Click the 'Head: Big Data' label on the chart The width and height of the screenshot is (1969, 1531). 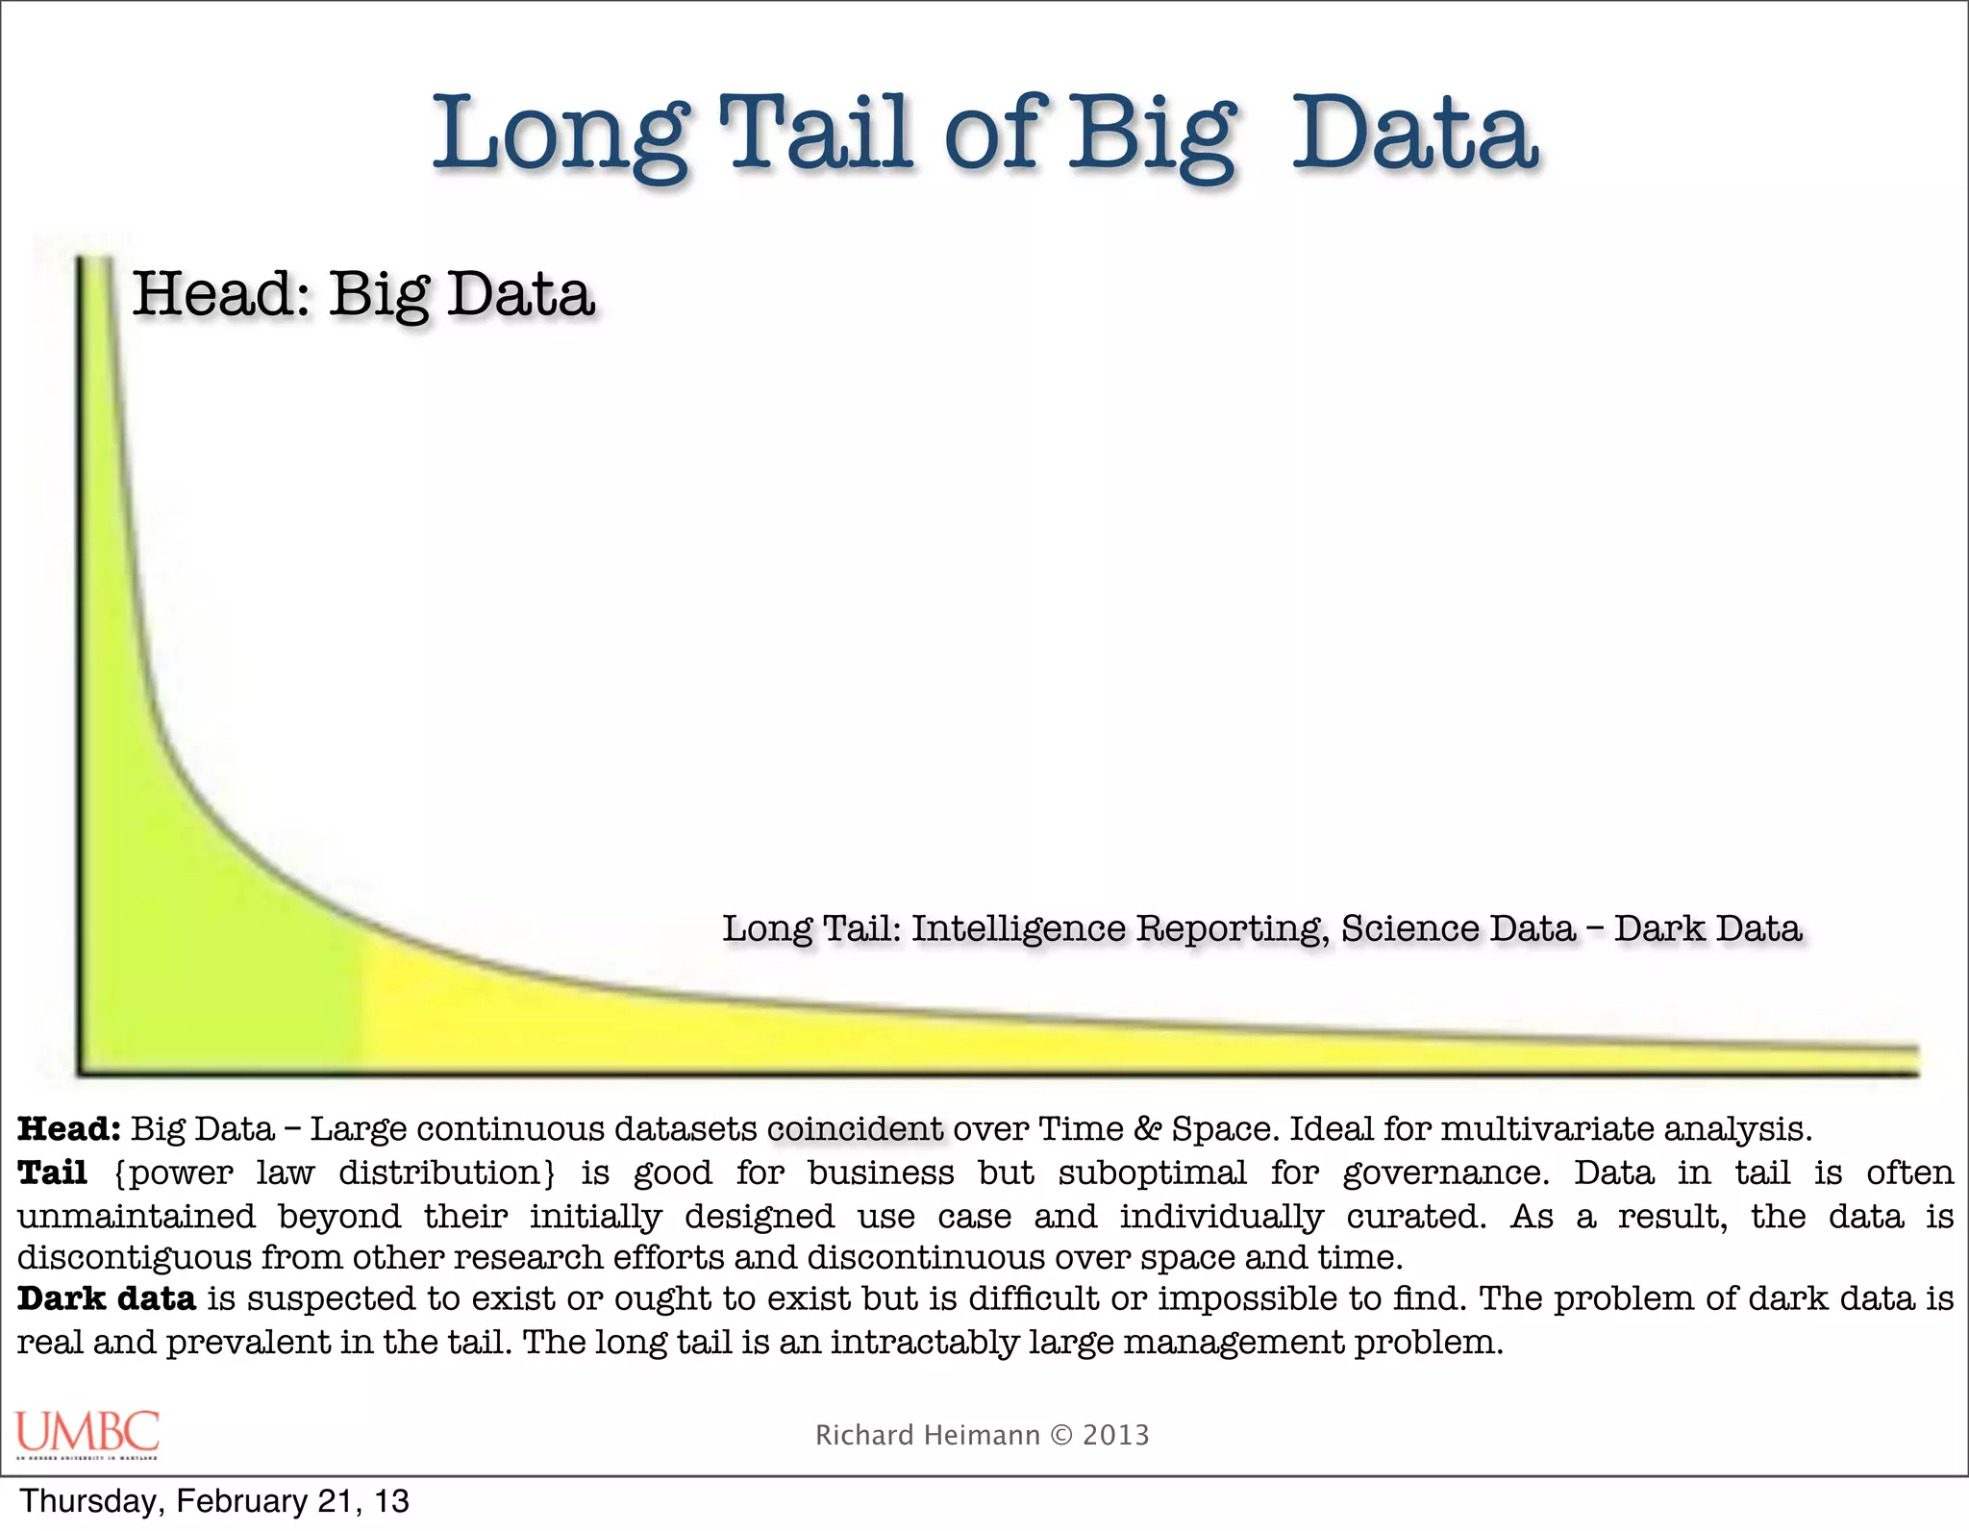point(362,294)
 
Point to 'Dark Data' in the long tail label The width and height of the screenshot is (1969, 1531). point(1707,928)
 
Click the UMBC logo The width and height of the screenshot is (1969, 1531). point(87,1433)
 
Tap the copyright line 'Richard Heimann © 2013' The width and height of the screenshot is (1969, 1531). point(982,1435)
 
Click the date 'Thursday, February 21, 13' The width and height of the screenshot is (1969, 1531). point(214,1501)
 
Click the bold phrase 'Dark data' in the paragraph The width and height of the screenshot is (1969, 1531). point(107,1298)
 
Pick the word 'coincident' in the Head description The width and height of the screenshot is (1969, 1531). point(856,1128)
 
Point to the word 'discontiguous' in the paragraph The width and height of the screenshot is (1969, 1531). point(136,1257)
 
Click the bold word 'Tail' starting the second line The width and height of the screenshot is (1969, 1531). point(52,1173)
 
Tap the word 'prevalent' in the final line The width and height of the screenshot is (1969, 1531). point(248,1342)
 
